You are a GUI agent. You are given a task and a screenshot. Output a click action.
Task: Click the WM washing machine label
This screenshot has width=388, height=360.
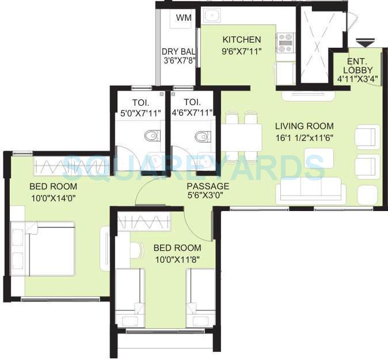(184, 18)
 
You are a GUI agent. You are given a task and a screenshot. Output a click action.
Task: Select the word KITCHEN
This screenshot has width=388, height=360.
(242, 40)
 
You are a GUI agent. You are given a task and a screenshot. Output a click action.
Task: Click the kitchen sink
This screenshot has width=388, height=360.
(211, 16)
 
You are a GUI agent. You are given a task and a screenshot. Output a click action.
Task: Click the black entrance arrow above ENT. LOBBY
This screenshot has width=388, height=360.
(365, 43)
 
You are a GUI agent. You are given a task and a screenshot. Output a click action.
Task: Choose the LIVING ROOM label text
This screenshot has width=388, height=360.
(304, 126)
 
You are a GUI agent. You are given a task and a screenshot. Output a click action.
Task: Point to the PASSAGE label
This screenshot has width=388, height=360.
(208, 186)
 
